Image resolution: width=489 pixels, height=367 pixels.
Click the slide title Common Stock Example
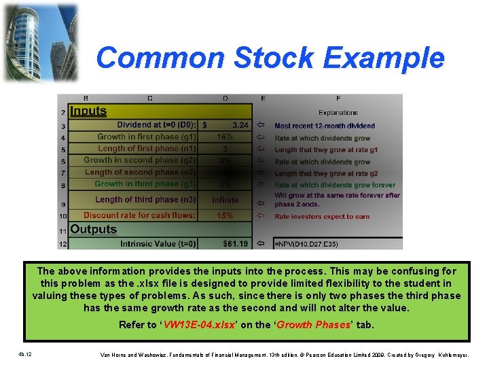coord(270,58)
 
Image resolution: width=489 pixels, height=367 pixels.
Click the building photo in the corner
coord(40,42)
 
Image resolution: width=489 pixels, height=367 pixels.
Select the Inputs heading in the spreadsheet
coord(88,111)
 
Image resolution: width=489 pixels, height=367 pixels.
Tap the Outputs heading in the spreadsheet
coord(94,230)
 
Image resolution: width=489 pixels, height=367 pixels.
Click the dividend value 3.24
coord(240,125)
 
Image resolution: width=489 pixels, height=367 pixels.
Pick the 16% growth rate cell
coord(225,137)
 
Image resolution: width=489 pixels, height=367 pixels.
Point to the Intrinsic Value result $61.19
coord(236,243)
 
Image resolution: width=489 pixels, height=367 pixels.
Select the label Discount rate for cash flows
coord(139,215)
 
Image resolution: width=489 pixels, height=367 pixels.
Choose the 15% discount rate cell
coord(225,215)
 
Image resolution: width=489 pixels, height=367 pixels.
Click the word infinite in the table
coord(225,200)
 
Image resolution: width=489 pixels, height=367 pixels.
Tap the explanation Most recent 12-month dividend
coord(325,126)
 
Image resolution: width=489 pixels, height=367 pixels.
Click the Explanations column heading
coord(338,113)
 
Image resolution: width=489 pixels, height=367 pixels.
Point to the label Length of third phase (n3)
coord(145,200)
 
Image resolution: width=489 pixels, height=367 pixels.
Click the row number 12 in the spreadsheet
coord(62,243)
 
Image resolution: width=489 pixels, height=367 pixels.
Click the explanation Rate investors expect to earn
coord(322,217)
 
